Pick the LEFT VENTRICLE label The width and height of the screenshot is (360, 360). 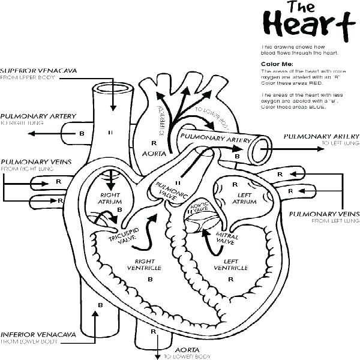pos(219,265)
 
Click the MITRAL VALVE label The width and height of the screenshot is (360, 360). pos(224,239)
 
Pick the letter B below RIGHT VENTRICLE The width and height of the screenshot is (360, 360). pos(149,280)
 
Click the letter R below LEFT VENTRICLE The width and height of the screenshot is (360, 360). pos(218,280)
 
